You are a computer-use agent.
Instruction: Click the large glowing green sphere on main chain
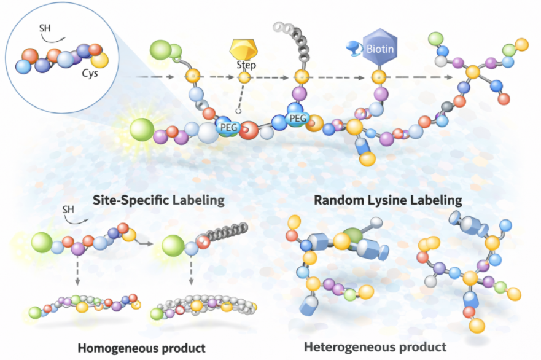142,130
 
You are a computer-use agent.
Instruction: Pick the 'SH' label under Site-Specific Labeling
70,211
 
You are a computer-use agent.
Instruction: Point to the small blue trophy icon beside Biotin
356,45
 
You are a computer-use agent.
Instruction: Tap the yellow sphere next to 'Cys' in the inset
100,59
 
